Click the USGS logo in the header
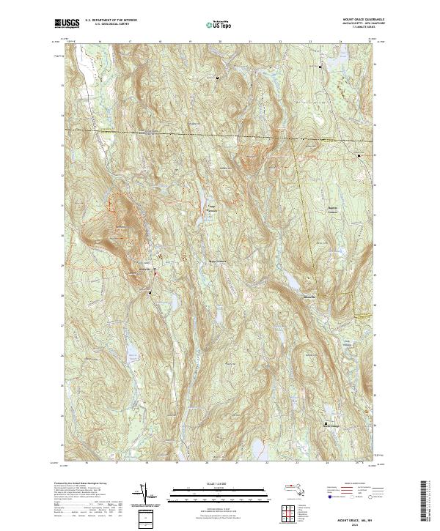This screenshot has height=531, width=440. (x=67, y=24)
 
